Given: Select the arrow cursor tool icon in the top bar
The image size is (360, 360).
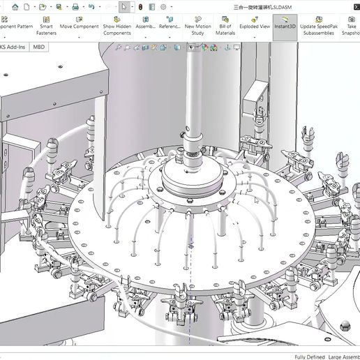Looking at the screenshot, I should pyautogui.click(x=123, y=6).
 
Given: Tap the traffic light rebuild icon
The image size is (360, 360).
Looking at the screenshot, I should pyautogui.click(x=140, y=6).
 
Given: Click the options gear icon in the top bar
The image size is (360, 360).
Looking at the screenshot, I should pyautogui.click(x=163, y=6).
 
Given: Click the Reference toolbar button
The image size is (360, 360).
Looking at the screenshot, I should pyautogui.click(x=170, y=27).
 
